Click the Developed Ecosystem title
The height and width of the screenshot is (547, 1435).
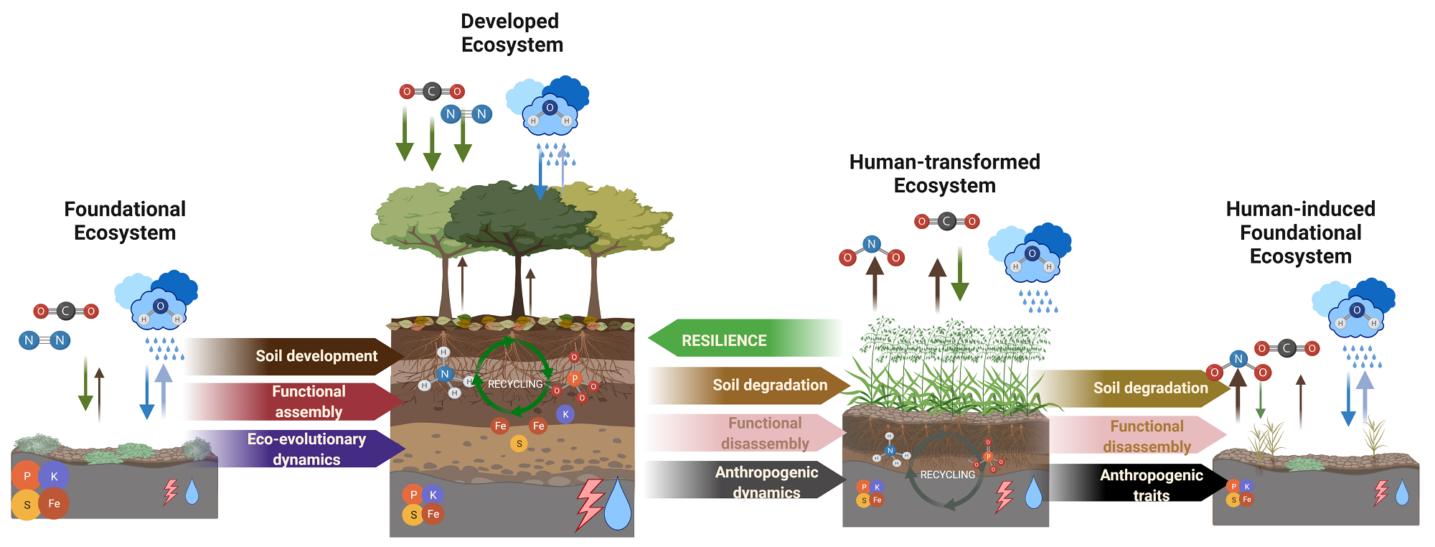click(511, 33)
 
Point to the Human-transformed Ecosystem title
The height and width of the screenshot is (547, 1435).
click(944, 174)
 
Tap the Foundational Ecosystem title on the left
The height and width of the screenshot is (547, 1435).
click(125, 221)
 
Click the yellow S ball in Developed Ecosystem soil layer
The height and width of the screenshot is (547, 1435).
click(519, 444)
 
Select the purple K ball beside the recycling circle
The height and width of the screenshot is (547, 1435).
click(565, 414)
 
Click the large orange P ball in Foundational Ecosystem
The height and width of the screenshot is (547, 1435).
click(27, 477)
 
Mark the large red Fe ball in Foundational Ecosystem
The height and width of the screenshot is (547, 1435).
click(54, 503)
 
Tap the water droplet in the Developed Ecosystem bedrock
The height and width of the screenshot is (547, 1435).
click(617, 504)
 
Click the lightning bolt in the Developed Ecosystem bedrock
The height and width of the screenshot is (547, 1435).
click(590, 504)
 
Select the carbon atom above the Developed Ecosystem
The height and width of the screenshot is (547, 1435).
click(432, 91)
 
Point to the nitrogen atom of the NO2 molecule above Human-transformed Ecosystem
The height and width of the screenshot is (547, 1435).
click(871, 244)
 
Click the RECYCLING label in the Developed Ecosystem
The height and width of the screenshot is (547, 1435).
click(515, 384)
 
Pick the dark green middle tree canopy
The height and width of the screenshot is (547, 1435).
click(518, 215)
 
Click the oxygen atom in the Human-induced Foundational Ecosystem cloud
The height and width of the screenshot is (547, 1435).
click(1356, 310)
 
